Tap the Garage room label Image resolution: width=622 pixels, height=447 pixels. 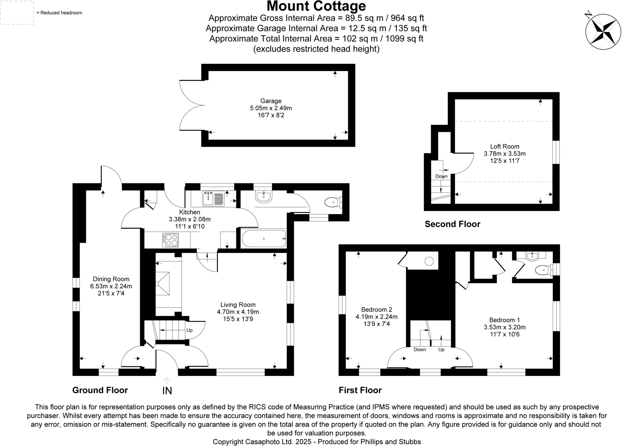(271, 101)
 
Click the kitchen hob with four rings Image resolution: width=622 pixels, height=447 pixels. (170, 240)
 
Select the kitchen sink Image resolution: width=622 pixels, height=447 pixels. (209, 198)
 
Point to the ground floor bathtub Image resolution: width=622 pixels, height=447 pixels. (264, 239)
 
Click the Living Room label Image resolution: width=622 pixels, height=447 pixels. (238, 305)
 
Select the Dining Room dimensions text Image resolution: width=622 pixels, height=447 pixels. (111, 286)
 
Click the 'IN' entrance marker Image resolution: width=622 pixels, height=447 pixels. (167, 391)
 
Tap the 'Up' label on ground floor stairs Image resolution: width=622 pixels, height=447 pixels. (190, 330)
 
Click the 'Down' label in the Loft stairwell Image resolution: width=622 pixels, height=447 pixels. (441, 177)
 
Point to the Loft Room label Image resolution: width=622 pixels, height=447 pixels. (504, 146)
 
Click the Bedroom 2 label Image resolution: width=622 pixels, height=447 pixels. (376, 310)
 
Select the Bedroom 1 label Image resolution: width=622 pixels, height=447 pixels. (504, 320)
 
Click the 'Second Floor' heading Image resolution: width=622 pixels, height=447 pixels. (452, 224)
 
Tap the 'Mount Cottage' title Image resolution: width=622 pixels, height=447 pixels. (316, 6)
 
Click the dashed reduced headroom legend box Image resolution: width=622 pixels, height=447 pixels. (17, 12)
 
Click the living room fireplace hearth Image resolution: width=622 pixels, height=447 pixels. (163, 284)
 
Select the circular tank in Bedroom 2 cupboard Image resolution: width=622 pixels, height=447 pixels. (429, 261)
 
